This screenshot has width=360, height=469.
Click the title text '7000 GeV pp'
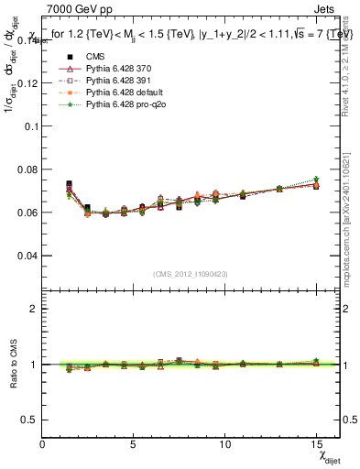coord(74,10)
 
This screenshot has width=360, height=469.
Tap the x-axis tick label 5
coord(134,443)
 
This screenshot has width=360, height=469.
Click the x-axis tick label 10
coord(224,443)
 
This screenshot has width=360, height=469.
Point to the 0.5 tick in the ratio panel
coord(31,419)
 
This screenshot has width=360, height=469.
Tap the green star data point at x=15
coord(316,180)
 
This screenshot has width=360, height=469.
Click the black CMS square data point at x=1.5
coord(70,184)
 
